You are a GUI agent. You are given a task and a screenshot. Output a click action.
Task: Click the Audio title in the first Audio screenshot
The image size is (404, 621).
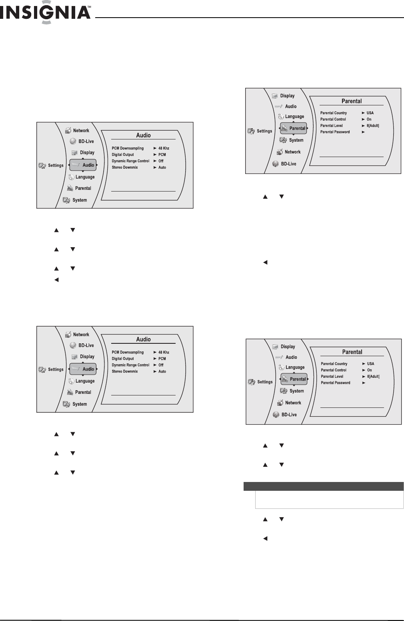coord(143,135)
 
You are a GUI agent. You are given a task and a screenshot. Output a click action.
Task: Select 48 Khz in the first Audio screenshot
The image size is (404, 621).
coord(164,148)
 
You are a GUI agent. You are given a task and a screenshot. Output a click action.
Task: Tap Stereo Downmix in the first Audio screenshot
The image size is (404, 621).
coord(125,167)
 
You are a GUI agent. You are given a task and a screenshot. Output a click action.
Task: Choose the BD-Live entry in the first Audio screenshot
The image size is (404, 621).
coord(86,141)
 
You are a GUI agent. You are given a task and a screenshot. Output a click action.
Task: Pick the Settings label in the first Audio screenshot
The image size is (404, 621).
coord(56,165)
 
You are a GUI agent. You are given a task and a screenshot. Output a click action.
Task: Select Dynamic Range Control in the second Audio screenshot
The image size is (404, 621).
coord(130,365)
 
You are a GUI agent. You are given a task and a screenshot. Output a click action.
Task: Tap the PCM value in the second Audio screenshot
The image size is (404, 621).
coord(162,359)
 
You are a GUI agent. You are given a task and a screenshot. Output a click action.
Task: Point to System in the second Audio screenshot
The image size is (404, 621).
coord(80,404)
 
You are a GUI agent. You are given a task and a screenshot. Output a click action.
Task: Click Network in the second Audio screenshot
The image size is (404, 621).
coord(81,335)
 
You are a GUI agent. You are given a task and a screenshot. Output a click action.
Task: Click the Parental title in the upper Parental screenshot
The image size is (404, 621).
coord(352,101)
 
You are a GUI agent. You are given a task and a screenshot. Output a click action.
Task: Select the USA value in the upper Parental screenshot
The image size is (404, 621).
coord(370,113)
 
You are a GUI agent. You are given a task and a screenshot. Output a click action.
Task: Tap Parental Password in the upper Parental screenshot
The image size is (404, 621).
coord(335,132)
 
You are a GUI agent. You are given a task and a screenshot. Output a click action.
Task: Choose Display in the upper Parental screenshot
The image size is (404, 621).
coord(287,96)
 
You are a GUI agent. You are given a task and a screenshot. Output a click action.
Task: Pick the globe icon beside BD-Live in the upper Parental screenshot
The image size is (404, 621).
coord(276,164)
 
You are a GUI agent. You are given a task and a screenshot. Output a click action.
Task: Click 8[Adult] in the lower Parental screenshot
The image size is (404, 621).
coord(373,377)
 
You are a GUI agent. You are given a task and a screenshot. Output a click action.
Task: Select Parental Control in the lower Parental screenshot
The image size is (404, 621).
coord(334,370)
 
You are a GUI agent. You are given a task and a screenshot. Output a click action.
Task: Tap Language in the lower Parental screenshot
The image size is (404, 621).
coord(295,367)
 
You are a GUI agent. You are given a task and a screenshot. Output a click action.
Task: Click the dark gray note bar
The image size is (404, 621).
coord(324,486)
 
